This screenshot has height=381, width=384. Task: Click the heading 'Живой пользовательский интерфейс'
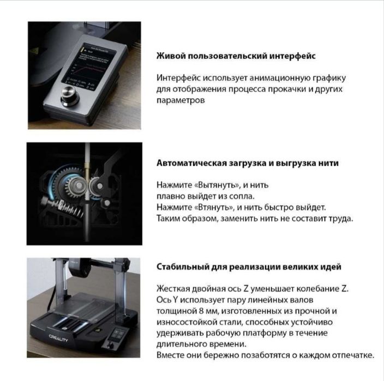[236, 56]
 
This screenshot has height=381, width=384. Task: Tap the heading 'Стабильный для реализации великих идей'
[249, 268]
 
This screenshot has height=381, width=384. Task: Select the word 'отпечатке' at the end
[352, 355]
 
